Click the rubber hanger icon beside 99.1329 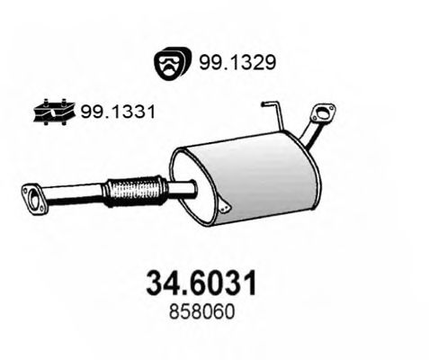pyautogui.click(x=168, y=62)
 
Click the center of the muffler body pyautogui.click(x=243, y=175)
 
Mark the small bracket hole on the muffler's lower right pyautogui.click(x=228, y=208)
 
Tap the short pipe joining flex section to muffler pyautogui.click(x=183, y=187)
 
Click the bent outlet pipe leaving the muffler pyautogui.click(x=308, y=135)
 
